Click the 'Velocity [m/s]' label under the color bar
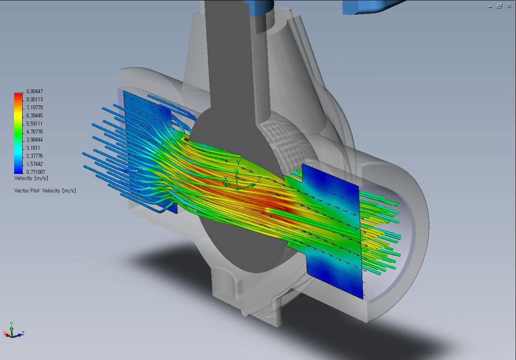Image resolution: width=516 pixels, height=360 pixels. click(x=31, y=178)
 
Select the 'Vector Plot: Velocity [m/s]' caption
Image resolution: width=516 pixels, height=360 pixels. click(x=45, y=190)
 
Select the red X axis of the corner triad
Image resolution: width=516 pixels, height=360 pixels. click(x=6, y=334)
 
